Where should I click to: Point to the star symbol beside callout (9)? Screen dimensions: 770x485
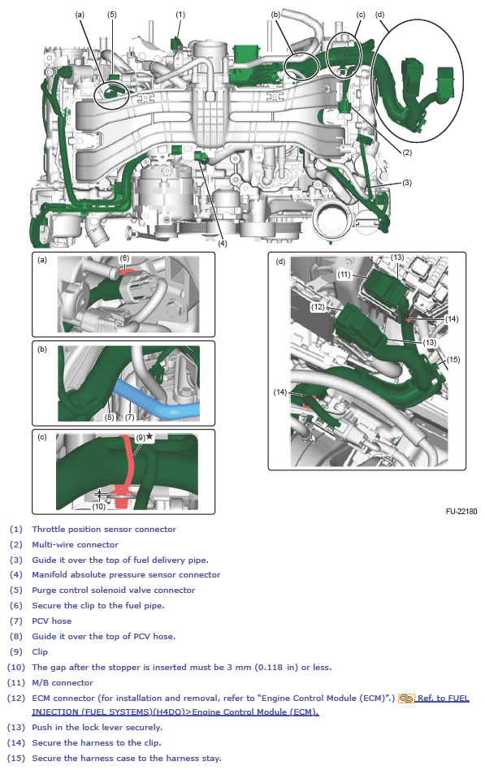click(x=149, y=437)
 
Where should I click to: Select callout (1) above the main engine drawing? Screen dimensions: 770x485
click(x=180, y=14)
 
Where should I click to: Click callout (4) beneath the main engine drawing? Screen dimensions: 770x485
click(x=222, y=242)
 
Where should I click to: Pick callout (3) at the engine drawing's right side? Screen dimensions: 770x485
click(x=406, y=183)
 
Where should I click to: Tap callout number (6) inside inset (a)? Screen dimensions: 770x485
click(x=125, y=258)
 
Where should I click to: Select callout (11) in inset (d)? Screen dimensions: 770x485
click(x=344, y=275)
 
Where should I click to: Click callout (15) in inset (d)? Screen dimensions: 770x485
click(x=453, y=359)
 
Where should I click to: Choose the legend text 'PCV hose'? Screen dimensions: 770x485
click(x=51, y=621)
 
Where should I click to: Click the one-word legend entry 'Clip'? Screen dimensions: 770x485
click(x=40, y=651)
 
